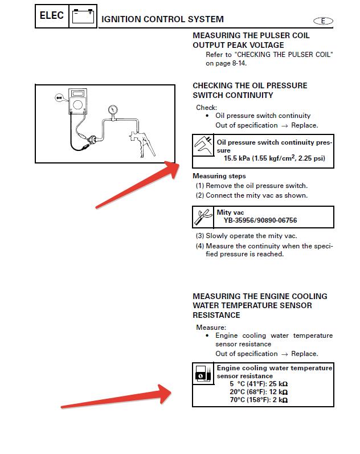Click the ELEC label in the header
click(51, 15)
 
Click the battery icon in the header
click(84, 16)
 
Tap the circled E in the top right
click(323, 21)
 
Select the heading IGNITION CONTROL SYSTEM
click(162, 20)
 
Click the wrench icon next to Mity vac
click(203, 216)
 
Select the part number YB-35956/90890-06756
click(260, 220)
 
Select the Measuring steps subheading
click(219, 176)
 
